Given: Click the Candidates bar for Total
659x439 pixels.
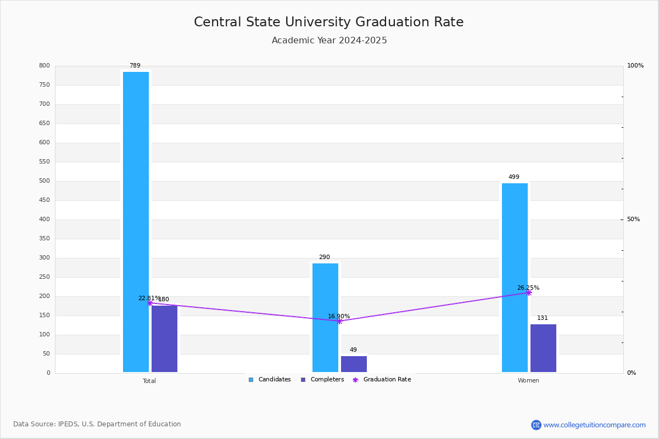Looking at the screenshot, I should [x=136, y=222].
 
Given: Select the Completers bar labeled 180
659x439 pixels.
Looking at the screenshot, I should [x=164, y=339].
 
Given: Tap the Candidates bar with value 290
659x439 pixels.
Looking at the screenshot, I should [x=325, y=318].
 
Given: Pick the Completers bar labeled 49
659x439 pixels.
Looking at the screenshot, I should [x=354, y=364].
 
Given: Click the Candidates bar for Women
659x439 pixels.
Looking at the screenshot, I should [x=515, y=278].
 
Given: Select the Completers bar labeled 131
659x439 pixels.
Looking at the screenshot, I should [x=543, y=348].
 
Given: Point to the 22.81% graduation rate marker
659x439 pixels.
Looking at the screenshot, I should [x=150, y=303].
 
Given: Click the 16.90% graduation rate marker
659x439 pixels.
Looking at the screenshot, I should [x=339, y=321].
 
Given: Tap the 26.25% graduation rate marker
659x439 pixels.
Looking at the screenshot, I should [x=528, y=292].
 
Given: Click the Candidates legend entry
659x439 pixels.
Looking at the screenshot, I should [x=270, y=380].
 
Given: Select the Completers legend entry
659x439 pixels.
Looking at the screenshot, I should [x=322, y=380].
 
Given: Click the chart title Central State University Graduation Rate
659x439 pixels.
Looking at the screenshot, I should [x=329, y=22].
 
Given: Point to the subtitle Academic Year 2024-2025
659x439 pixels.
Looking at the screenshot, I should [x=329, y=41].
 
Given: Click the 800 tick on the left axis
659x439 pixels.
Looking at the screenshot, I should [x=44, y=66].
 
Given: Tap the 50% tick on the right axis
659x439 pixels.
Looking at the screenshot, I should [x=633, y=219].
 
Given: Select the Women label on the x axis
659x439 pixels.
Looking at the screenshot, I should [x=528, y=381].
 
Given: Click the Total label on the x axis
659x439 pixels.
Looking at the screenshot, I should [x=149, y=381].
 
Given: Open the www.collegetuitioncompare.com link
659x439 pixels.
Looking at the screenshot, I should [x=594, y=425].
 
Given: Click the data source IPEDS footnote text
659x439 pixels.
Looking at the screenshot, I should [x=97, y=424].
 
